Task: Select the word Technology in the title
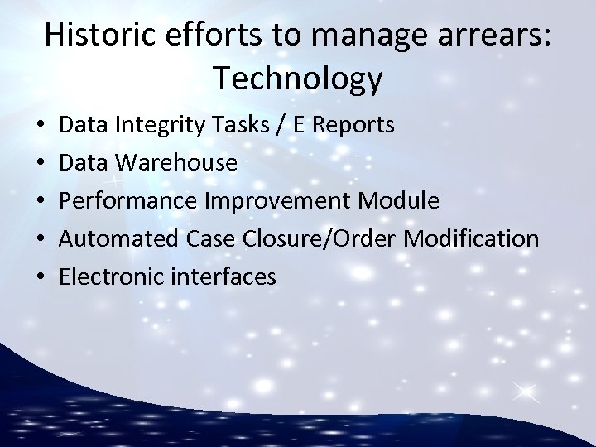point(298,79)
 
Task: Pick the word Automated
point(115,239)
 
